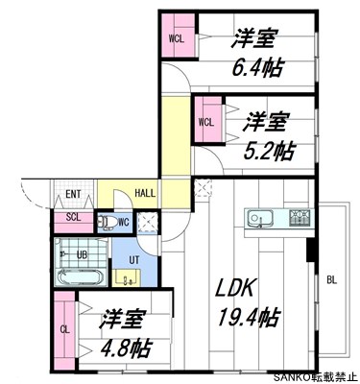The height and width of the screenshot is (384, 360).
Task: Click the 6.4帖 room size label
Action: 256,69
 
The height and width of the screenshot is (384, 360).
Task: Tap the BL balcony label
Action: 332,280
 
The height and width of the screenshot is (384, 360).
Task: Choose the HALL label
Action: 146,194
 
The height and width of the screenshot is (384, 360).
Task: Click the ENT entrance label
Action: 74,194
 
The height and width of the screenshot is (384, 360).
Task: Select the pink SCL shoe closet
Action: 74,217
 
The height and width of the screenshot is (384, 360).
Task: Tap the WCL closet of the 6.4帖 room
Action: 177,39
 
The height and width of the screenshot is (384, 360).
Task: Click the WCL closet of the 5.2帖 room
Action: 207,122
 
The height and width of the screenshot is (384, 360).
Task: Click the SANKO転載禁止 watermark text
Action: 314,376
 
